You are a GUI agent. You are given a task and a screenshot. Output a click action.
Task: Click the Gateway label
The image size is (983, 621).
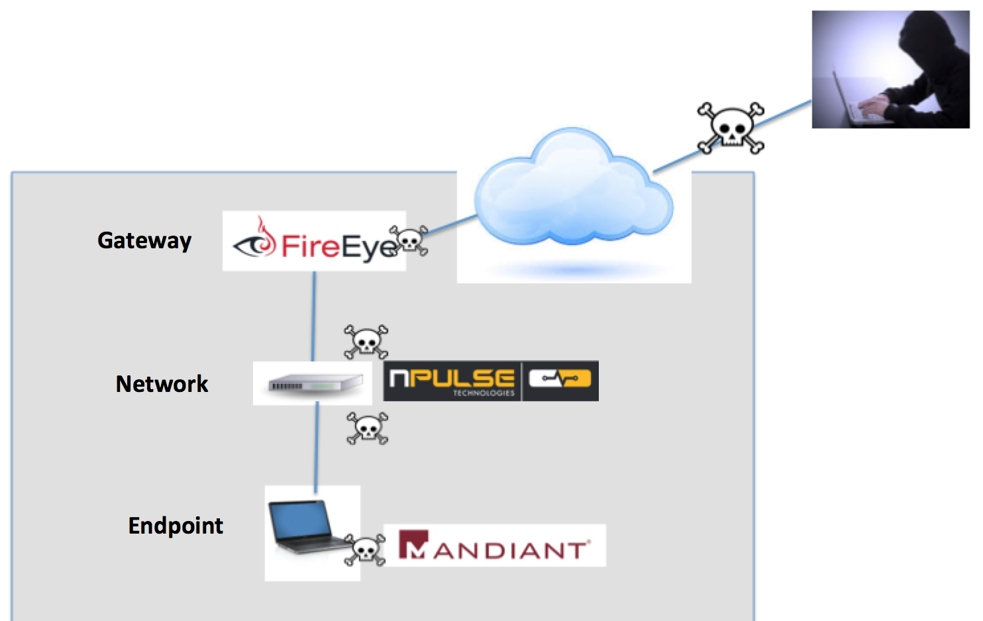click(x=144, y=240)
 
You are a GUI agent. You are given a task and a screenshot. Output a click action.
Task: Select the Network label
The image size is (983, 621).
click(x=162, y=384)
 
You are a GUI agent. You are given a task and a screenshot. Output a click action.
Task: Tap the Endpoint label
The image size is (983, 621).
click(x=176, y=526)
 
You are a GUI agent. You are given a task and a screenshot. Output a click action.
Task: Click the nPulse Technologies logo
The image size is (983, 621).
click(x=491, y=381)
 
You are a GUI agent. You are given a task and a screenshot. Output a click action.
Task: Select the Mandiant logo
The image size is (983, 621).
click(x=494, y=546)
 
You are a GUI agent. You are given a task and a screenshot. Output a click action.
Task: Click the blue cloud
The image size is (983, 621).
click(x=573, y=189)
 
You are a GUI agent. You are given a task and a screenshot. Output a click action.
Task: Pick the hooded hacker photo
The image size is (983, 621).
click(x=890, y=69)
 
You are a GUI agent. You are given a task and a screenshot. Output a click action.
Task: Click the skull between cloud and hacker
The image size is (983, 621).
click(x=731, y=128)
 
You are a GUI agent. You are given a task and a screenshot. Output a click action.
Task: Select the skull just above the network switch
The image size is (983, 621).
click(x=366, y=342)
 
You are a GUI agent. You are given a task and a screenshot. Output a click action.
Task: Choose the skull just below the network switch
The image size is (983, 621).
click(x=368, y=428)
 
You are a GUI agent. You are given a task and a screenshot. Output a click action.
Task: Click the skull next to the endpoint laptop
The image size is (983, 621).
click(x=365, y=549)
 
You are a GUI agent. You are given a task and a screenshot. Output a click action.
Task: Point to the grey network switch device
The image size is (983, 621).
click(x=315, y=384)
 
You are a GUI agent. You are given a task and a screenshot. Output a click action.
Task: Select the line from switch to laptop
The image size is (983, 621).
click(x=317, y=447)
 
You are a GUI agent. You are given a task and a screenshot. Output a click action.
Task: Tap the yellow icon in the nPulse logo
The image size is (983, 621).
click(x=560, y=380)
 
